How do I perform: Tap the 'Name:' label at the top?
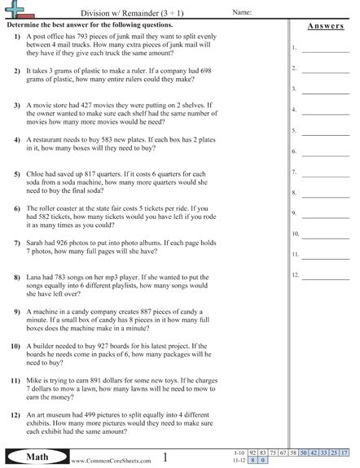point(242,13)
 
